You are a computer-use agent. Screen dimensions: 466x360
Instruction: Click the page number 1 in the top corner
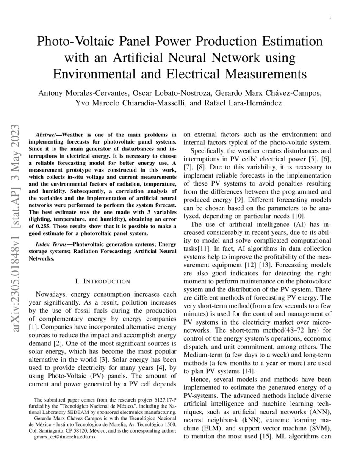coord(329,17)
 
